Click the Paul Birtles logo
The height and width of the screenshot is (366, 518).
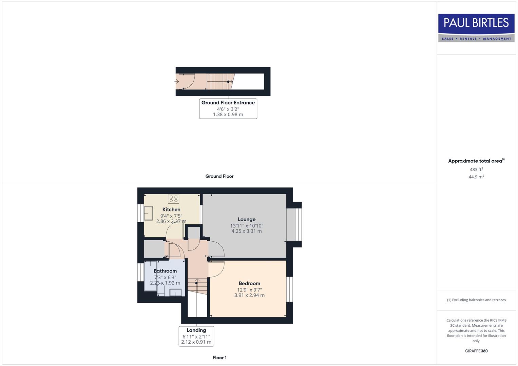tap(476, 28)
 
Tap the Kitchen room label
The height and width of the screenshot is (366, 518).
tap(171, 209)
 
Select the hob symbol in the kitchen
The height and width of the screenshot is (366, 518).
tap(173, 199)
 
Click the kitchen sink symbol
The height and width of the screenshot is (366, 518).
tap(148, 213)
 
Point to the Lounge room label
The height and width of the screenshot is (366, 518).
tap(247, 219)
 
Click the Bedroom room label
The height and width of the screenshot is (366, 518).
tap(249, 283)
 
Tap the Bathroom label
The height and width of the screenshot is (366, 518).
tap(165, 271)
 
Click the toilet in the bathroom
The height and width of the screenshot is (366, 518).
tap(161, 290)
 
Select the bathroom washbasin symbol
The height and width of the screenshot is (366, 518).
tap(176, 292)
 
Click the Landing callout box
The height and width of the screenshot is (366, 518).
tap(196, 336)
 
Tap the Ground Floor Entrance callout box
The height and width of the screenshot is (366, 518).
tap(228, 108)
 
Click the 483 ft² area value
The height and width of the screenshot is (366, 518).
tap(476, 169)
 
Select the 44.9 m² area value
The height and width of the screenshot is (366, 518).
tap(476, 177)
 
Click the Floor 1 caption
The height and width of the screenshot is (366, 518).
tap(219, 358)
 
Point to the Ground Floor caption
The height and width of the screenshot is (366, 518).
tap(219, 176)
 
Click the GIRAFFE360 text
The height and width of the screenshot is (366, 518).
tap(476, 351)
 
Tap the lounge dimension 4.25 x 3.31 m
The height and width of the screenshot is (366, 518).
tap(247, 231)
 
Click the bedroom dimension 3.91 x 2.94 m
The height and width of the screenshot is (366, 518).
tap(249, 295)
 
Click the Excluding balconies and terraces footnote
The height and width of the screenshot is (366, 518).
tap(476, 300)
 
